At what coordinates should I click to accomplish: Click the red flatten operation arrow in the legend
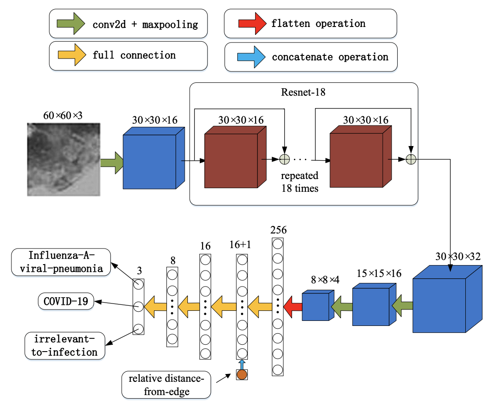click(x=251, y=23)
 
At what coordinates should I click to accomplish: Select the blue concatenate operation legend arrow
click(x=251, y=57)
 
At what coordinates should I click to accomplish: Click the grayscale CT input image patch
click(x=63, y=159)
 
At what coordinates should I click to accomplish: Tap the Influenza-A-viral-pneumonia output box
click(x=62, y=262)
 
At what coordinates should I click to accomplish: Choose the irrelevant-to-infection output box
click(x=65, y=346)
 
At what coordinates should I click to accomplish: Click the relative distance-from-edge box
click(x=166, y=385)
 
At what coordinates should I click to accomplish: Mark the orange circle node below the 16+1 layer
click(x=241, y=375)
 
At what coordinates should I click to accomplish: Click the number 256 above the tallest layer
click(x=278, y=229)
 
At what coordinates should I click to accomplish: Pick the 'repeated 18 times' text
click(x=299, y=182)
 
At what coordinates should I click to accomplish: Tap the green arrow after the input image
click(x=112, y=163)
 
